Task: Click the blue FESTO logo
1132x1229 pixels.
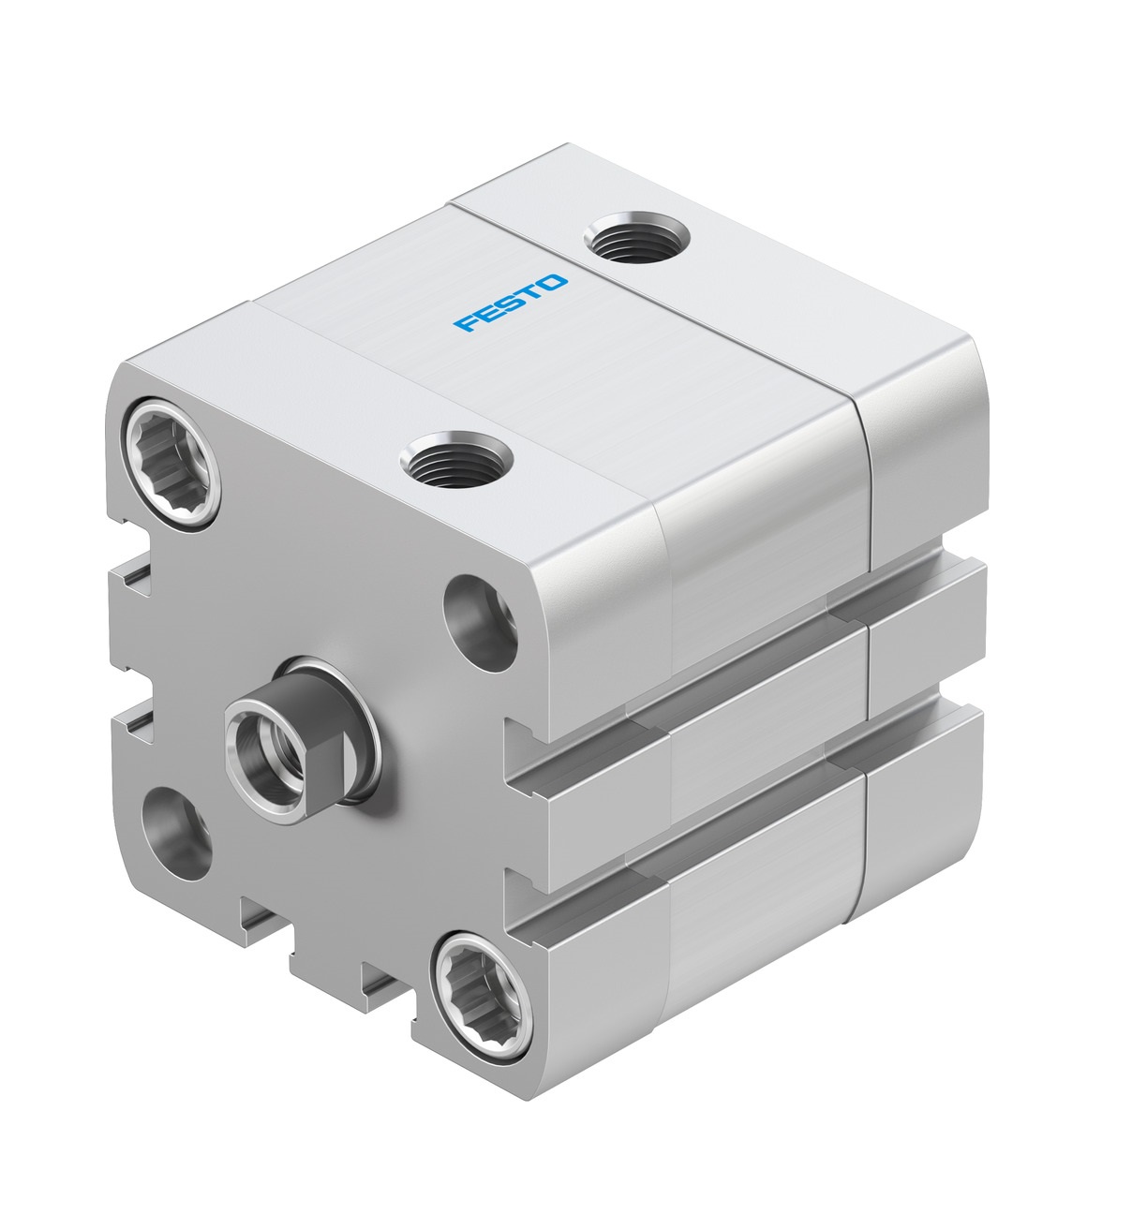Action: point(511,303)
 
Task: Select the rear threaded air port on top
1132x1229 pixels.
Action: point(636,237)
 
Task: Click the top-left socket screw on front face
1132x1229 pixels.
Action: point(171,463)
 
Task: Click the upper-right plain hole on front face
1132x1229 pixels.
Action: point(481,623)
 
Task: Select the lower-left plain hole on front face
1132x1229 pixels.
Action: point(176,834)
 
